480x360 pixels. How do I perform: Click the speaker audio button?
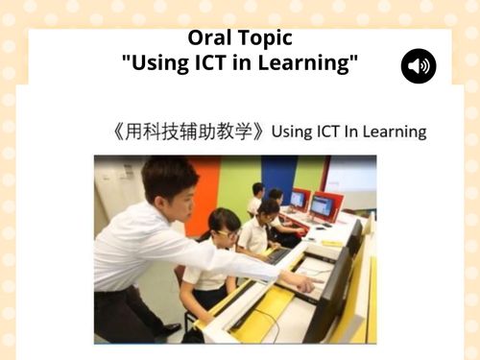tap(419, 66)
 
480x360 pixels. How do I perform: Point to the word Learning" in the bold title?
tap(312, 64)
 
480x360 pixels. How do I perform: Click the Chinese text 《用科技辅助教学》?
tap(188, 132)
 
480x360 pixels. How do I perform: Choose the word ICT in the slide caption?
tap(335, 132)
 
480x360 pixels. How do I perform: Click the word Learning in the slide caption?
tap(396, 132)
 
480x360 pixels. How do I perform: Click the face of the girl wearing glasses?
tap(223, 232)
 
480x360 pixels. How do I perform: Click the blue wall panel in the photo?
tap(278, 178)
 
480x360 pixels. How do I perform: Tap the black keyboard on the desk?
tap(279, 255)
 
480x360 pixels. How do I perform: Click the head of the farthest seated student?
tap(258, 189)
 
